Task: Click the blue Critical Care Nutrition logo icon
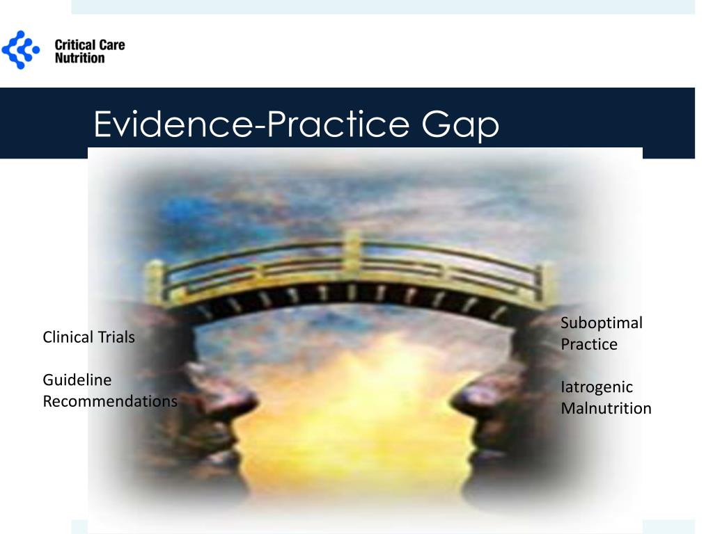point(22,50)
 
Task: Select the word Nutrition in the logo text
point(79,58)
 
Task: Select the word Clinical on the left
point(68,337)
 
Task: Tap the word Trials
point(116,337)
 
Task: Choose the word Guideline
point(77,380)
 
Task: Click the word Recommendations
point(109,401)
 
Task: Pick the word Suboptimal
point(602,323)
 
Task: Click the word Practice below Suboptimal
point(589,344)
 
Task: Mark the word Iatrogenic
point(597,387)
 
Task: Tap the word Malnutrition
point(606,408)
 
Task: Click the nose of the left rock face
point(247,400)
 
